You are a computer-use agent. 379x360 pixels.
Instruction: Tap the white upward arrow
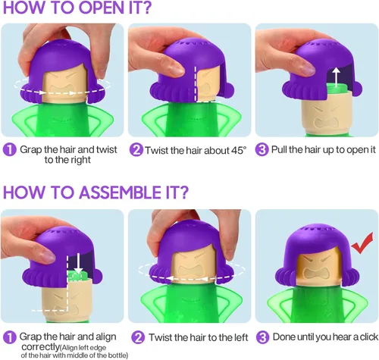336,77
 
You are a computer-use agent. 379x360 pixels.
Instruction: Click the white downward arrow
79,263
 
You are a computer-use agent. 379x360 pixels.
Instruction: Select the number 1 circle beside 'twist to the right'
9,150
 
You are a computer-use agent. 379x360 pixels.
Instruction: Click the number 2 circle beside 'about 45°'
136,150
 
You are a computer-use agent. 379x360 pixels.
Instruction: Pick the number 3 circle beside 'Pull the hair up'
262,150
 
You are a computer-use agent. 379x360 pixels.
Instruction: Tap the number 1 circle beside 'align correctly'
9,337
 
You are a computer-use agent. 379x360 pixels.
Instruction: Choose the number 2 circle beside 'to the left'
138,337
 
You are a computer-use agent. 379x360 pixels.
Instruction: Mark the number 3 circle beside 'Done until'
263,337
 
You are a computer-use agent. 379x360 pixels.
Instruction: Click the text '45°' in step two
239,150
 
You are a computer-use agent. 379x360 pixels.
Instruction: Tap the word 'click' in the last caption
369,337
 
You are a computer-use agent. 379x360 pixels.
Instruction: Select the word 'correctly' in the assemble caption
40,347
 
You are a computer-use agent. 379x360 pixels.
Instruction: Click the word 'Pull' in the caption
279,149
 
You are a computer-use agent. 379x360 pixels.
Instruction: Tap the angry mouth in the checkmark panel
315,274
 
